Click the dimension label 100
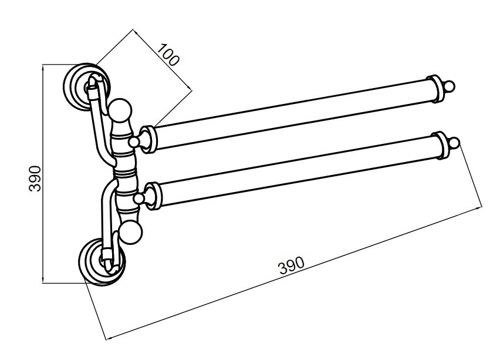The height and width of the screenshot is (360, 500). (x=168, y=55)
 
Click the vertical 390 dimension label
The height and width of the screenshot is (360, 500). (x=35, y=178)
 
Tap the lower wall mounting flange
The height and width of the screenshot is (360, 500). (x=102, y=260)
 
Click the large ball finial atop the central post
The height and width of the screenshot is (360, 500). (x=120, y=110)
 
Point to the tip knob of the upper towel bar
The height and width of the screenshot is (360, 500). (x=450, y=86)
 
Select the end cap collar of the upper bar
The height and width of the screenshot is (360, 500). (x=435, y=89)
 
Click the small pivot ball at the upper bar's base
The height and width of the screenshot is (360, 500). (x=134, y=142)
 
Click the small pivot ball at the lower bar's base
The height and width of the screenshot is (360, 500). (x=138, y=198)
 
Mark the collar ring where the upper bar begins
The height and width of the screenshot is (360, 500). (x=148, y=140)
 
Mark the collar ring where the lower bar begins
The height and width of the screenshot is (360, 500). (x=154, y=196)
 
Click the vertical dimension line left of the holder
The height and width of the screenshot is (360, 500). (x=43, y=174)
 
